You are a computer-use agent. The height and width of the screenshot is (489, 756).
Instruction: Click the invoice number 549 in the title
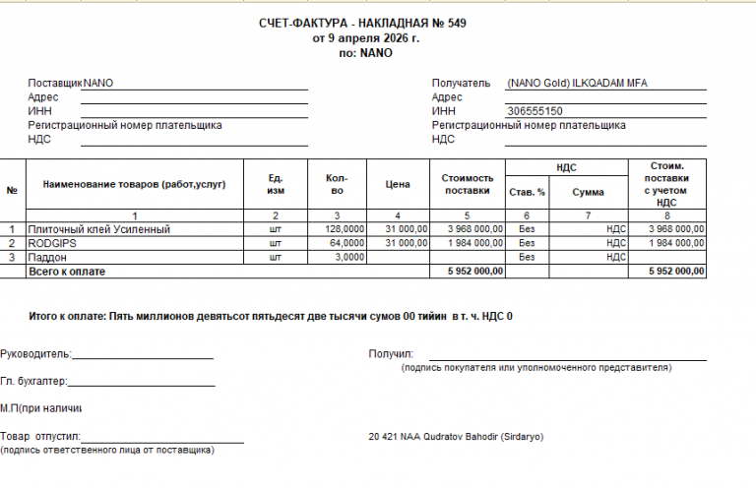pyautogui.click(x=456, y=24)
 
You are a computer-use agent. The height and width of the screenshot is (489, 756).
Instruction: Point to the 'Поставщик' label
pyautogui.click(x=55, y=84)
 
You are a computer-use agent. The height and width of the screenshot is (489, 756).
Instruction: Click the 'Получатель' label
pyautogui.click(x=461, y=84)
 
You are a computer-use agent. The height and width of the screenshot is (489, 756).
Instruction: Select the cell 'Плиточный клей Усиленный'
pyautogui.click(x=100, y=229)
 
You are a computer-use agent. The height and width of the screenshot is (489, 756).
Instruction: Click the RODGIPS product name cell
pyautogui.click(x=53, y=243)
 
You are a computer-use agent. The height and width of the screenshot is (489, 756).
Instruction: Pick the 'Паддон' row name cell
pyautogui.click(x=48, y=257)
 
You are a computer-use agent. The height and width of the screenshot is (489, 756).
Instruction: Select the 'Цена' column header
pyautogui.click(x=397, y=184)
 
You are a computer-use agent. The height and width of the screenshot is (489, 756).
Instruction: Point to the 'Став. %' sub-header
pyautogui.click(x=527, y=192)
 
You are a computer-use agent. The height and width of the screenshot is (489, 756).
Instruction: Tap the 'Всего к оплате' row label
pyautogui.click(x=67, y=271)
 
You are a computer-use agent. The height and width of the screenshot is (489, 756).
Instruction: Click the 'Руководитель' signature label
pyautogui.click(x=35, y=353)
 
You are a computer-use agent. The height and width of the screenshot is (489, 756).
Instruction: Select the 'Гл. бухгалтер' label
pyautogui.click(x=33, y=381)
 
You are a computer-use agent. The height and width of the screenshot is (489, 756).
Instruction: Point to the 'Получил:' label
pyautogui.click(x=391, y=353)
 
